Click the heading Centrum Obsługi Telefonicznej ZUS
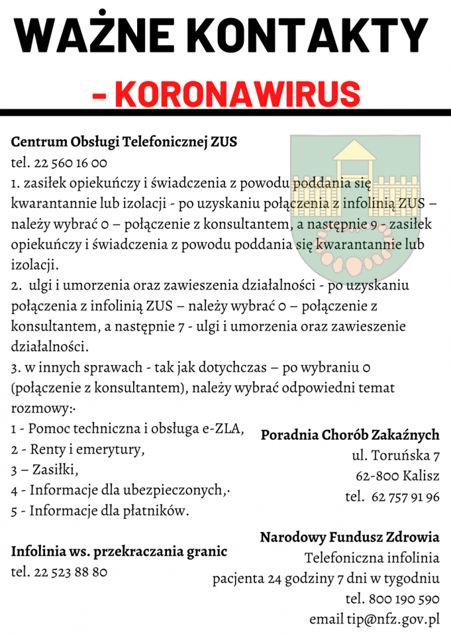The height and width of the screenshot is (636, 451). pos(124,142)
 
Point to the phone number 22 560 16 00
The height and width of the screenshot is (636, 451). pos(69,163)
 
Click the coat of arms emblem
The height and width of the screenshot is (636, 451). pos(354,205)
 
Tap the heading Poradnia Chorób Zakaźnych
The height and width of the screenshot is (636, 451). pos(350,435)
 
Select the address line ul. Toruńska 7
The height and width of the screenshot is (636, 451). pos(395,456)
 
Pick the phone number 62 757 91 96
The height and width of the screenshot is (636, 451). pos(405,497)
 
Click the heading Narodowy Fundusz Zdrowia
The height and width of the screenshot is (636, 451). pos(349,537)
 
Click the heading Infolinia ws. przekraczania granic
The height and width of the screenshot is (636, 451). pos(119,551)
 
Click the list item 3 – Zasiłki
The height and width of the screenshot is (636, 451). pos(45,470)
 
